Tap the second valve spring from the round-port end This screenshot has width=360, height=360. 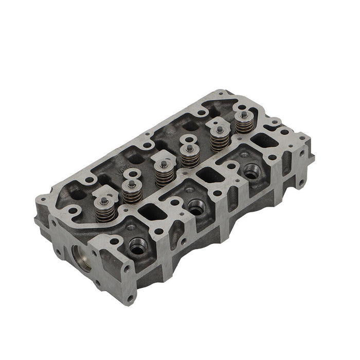pyautogui.click(x=132, y=191)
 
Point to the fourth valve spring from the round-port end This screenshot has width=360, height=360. pyautogui.click(x=190, y=156)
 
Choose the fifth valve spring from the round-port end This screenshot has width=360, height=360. pyautogui.click(x=220, y=139)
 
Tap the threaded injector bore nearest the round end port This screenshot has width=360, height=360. pyautogui.click(x=137, y=247)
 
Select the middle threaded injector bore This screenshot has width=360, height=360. pyautogui.click(x=196, y=207)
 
